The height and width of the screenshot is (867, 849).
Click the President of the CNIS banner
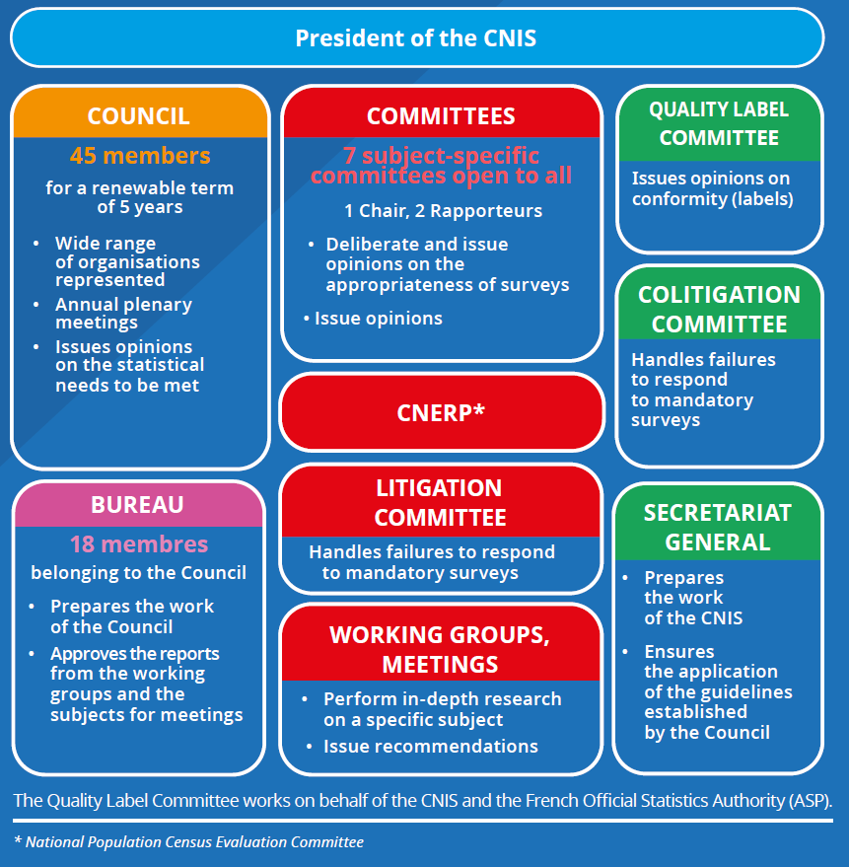416,38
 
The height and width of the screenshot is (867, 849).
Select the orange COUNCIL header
139,115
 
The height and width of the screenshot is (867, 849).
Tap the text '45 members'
139,156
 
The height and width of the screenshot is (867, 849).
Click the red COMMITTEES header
441,115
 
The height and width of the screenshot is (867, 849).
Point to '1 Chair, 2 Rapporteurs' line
443,211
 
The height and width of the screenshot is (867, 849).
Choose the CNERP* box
441,412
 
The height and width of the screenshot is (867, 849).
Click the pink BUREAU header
138,505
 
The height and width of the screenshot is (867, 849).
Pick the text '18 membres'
138,544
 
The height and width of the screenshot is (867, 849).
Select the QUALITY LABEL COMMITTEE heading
719,123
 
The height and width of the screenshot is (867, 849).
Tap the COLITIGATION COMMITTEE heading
719,309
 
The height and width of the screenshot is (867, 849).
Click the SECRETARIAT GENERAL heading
718,528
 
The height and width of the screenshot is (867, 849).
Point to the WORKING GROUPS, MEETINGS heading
440,649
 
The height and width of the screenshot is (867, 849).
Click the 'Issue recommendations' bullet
430,746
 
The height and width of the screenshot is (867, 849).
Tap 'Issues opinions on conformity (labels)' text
712,188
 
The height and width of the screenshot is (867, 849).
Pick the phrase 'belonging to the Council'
138,573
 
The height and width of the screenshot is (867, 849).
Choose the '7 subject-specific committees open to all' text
441,166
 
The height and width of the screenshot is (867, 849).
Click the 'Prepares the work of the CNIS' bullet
693,598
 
